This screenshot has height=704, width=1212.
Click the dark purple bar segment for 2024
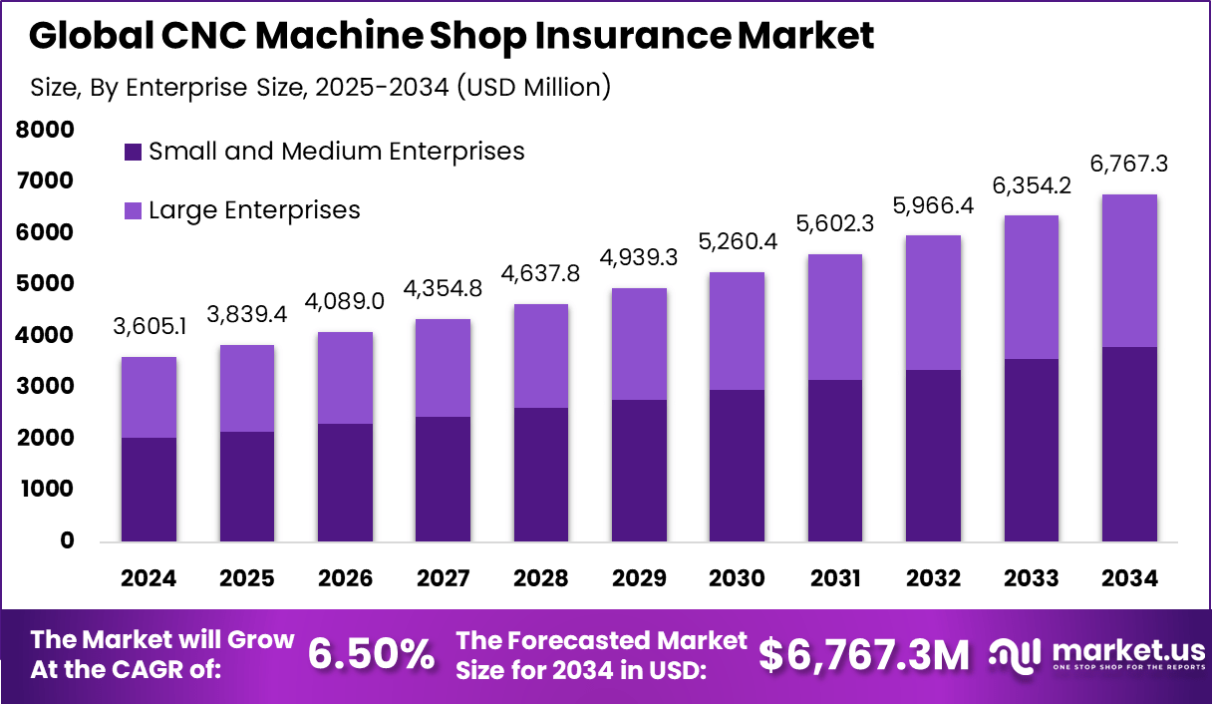(149, 490)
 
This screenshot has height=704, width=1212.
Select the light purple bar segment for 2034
(1130, 270)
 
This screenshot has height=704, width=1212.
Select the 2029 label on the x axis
(640, 579)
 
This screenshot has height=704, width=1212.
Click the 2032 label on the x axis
(934, 579)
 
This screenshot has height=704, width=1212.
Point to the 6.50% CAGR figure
(371, 654)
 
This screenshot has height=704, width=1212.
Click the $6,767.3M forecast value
(863, 654)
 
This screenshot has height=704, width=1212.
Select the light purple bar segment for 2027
(444, 368)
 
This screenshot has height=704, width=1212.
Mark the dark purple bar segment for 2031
(836, 461)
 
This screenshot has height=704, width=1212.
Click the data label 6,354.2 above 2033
(1032, 185)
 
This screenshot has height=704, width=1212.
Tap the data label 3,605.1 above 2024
(149, 327)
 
